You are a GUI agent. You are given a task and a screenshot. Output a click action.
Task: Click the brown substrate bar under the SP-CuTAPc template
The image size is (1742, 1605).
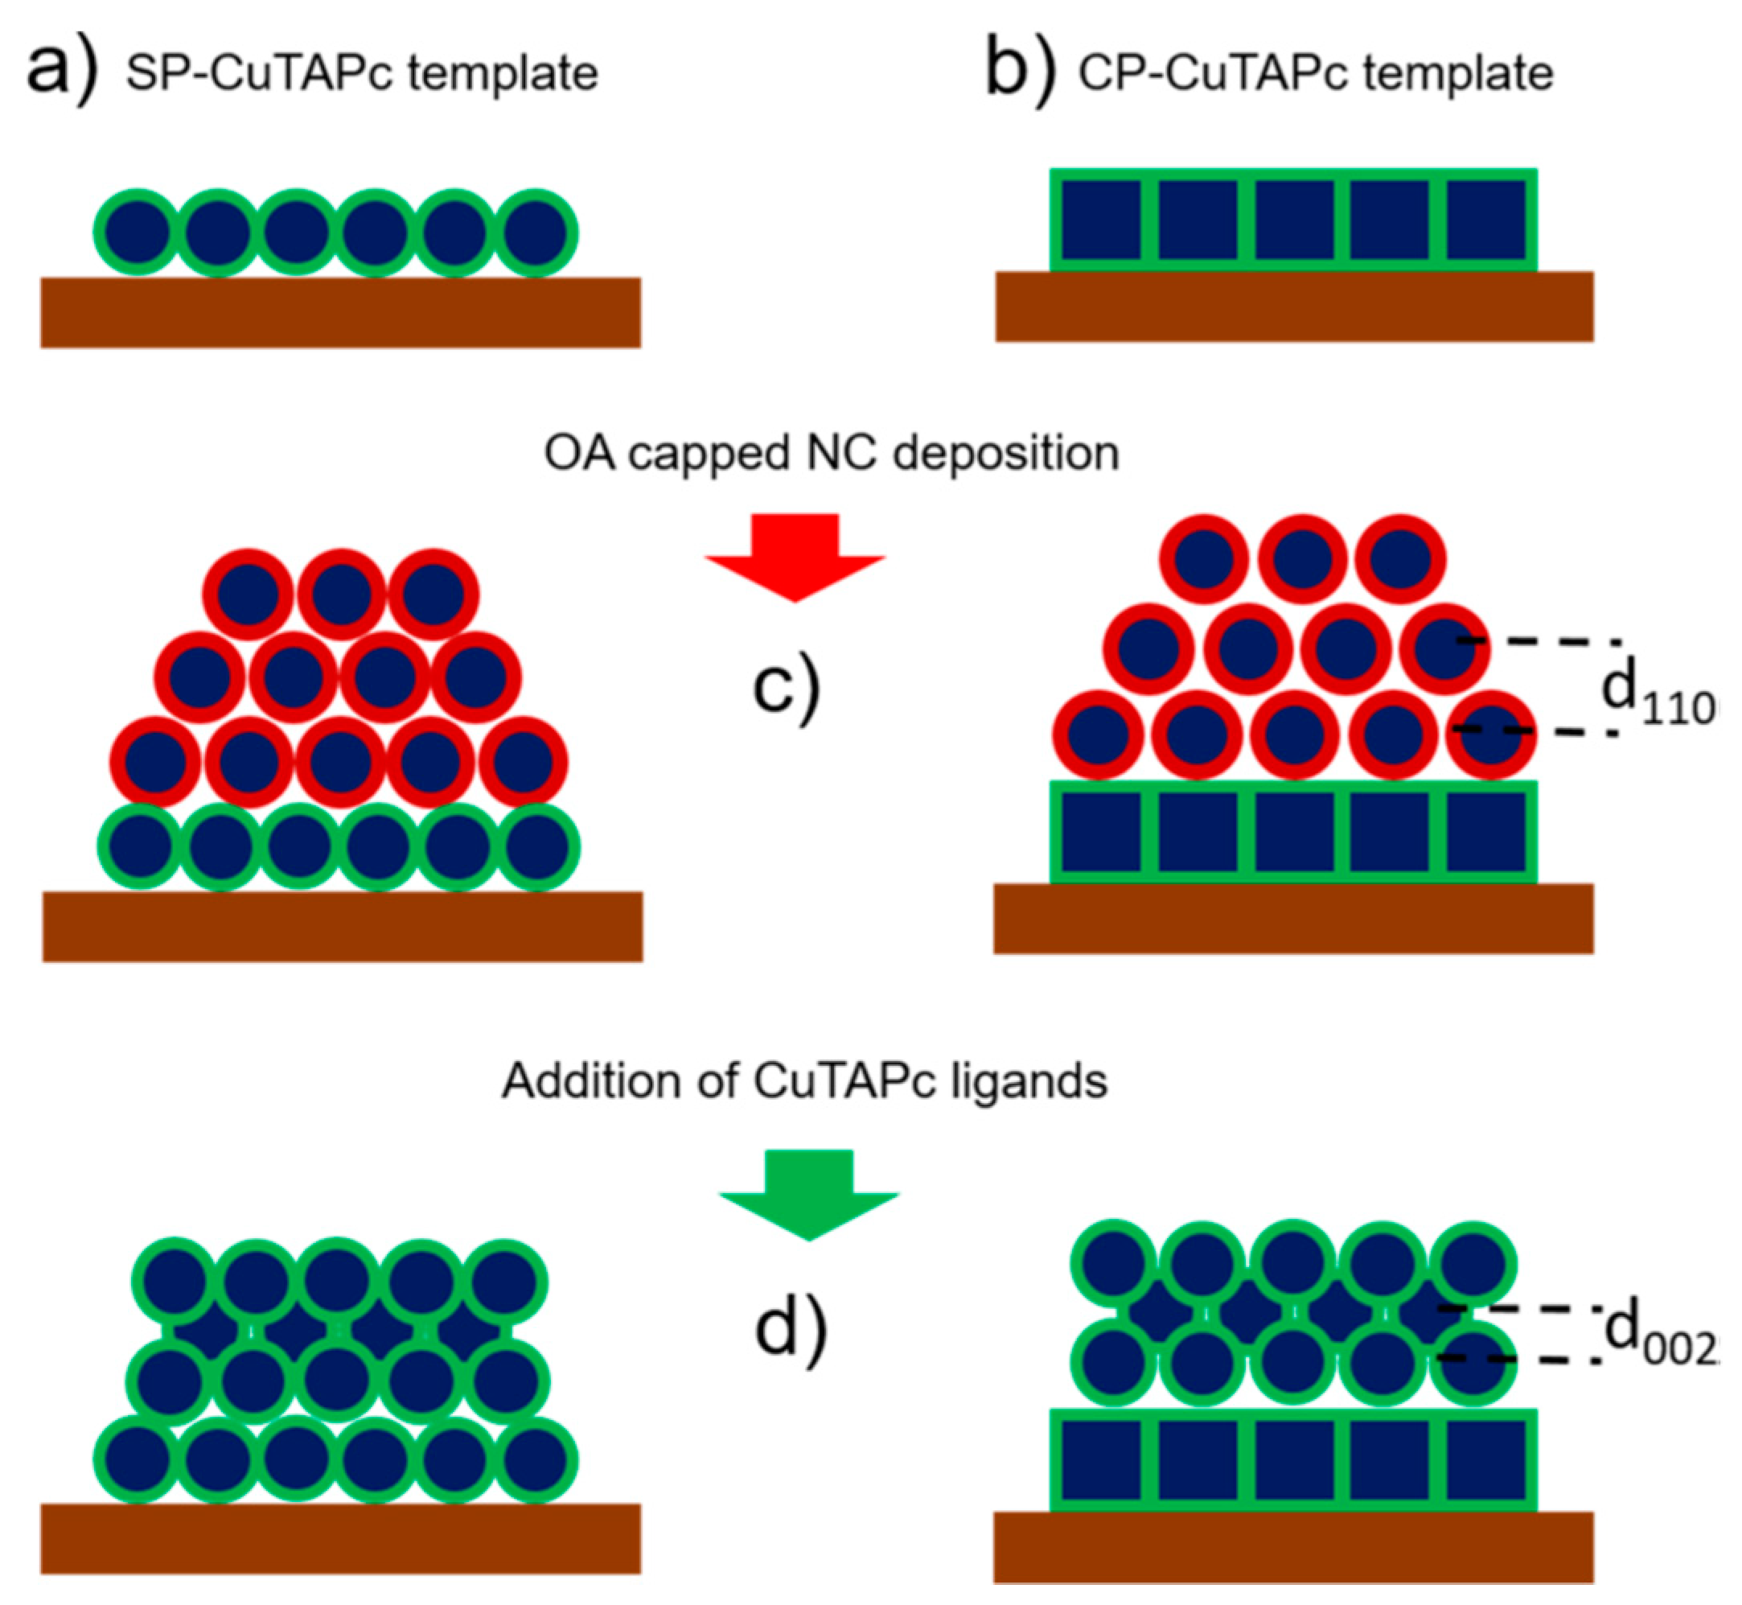pyautogui.click(x=340, y=313)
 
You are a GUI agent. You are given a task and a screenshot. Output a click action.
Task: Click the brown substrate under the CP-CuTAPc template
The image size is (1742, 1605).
pyautogui.click(x=1294, y=307)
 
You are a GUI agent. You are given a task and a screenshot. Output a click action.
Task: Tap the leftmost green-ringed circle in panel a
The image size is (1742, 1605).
pyautogui.click(x=138, y=233)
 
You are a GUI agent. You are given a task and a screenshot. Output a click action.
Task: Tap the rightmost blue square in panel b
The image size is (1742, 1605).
pyautogui.click(x=1485, y=220)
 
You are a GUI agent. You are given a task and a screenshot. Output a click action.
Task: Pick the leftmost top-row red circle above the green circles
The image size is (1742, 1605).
pyautogui.click(x=248, y=595)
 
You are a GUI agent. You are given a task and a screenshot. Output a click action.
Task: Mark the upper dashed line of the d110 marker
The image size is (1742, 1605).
pyautogui.click(x=1537, y=641)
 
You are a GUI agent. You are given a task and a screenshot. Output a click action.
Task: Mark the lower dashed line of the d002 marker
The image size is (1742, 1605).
pyautogui.click(x=1520, y=1357)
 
